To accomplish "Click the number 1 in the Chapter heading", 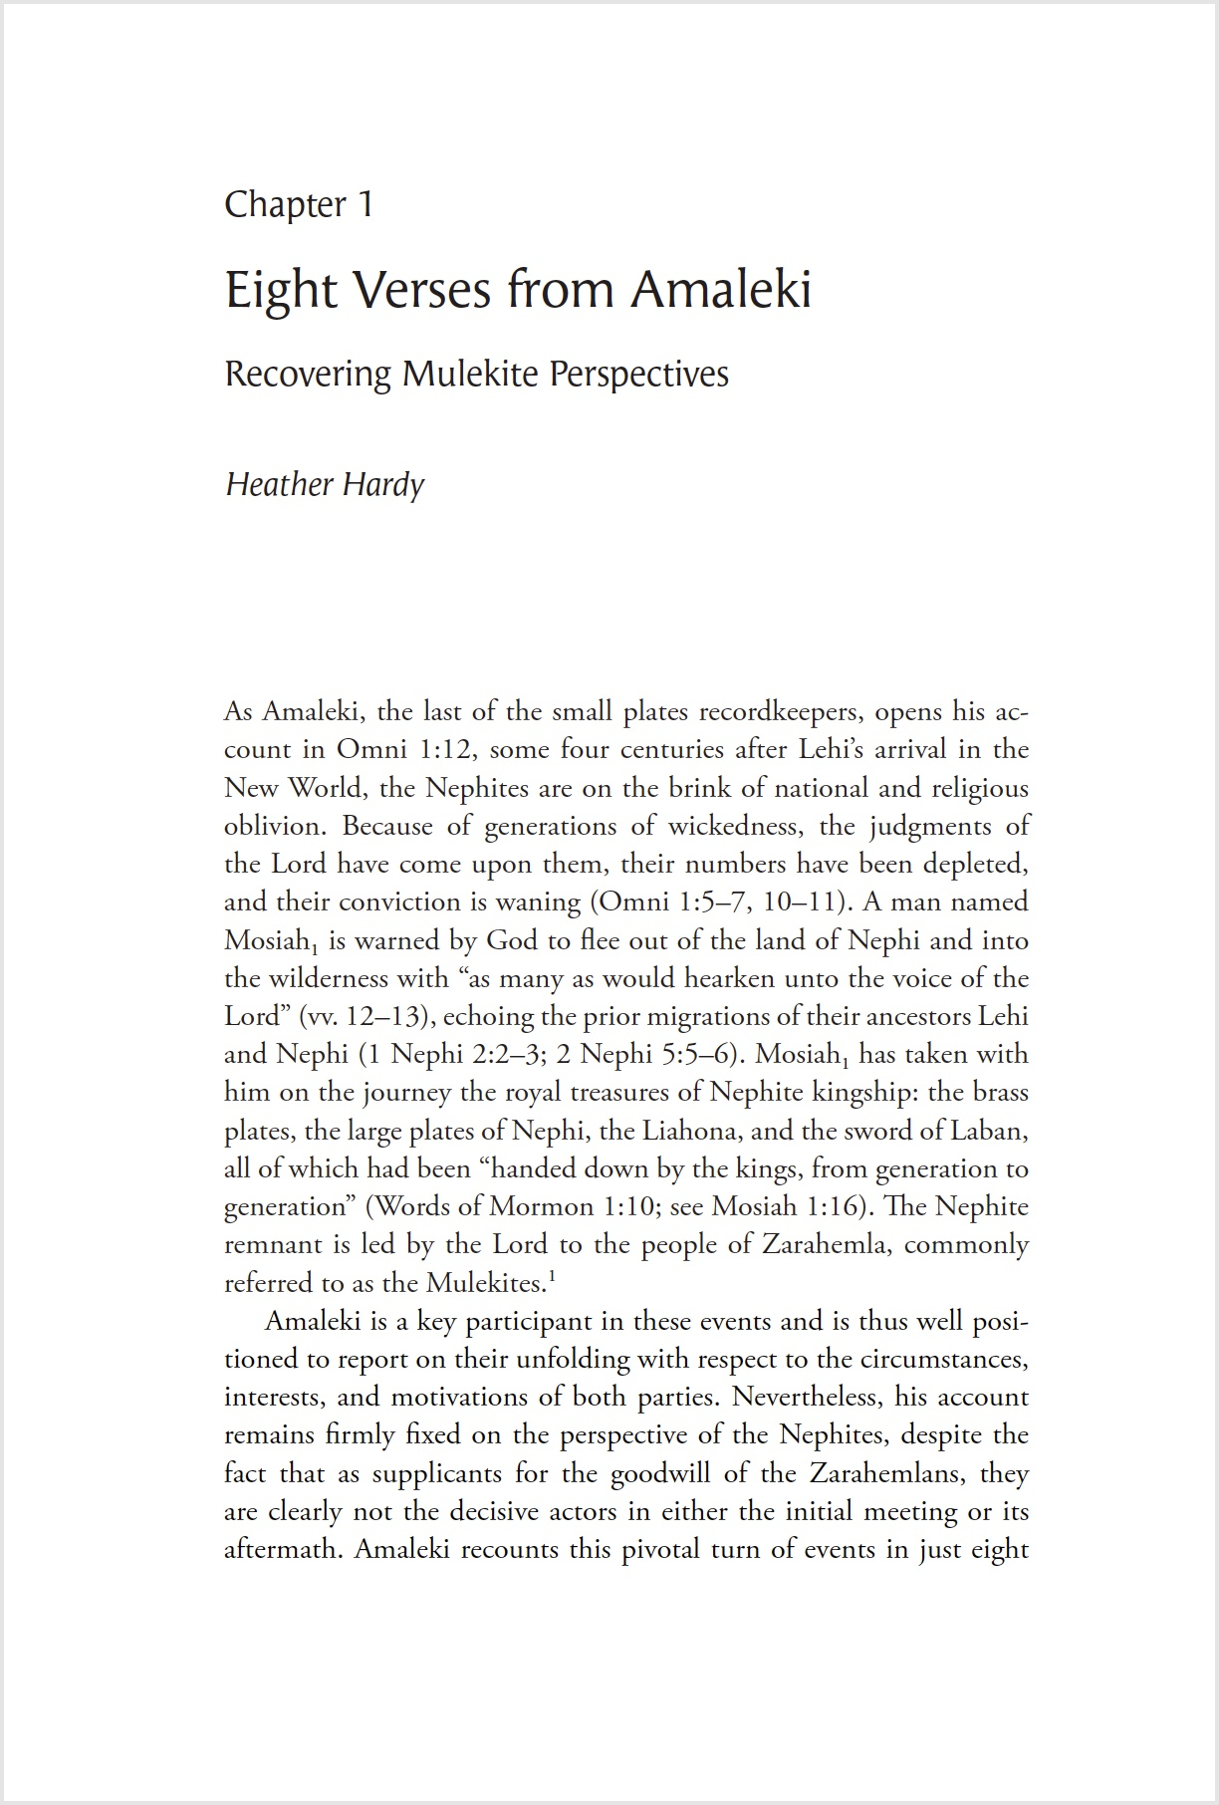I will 365,204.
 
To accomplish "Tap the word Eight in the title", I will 281,291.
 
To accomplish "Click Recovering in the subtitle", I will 308,374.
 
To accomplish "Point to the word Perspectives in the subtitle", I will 638,374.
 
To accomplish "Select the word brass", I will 1000,1093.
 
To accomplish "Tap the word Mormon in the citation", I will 544,1207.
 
